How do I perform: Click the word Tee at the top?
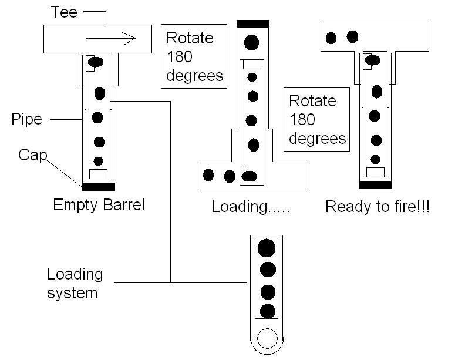(x=64, y=12)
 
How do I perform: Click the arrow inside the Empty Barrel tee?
(x=111, y=39)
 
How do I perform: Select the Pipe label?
(x=26, y=120)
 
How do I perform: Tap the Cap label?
(x=32, y=155)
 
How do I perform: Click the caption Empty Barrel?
(x=99, y=206)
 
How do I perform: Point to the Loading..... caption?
(x=251, y=207)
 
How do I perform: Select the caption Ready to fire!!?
(x=377, y=207)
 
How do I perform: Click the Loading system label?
(x=75, y=283)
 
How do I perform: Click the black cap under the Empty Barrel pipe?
(x=99, y=187)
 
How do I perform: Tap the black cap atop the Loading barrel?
(x=252, y=23)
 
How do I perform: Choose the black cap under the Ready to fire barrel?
(x=375, y=184)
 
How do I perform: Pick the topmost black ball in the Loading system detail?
(x=267, y=247)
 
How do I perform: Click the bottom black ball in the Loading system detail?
(x=268, y=311)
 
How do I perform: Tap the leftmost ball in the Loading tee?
(x=208, y=174)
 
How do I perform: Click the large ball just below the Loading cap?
(x=252, y=42)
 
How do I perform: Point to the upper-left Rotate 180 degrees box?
(x=194, y=57)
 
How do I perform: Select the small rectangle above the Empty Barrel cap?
(x=98, y=173)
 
